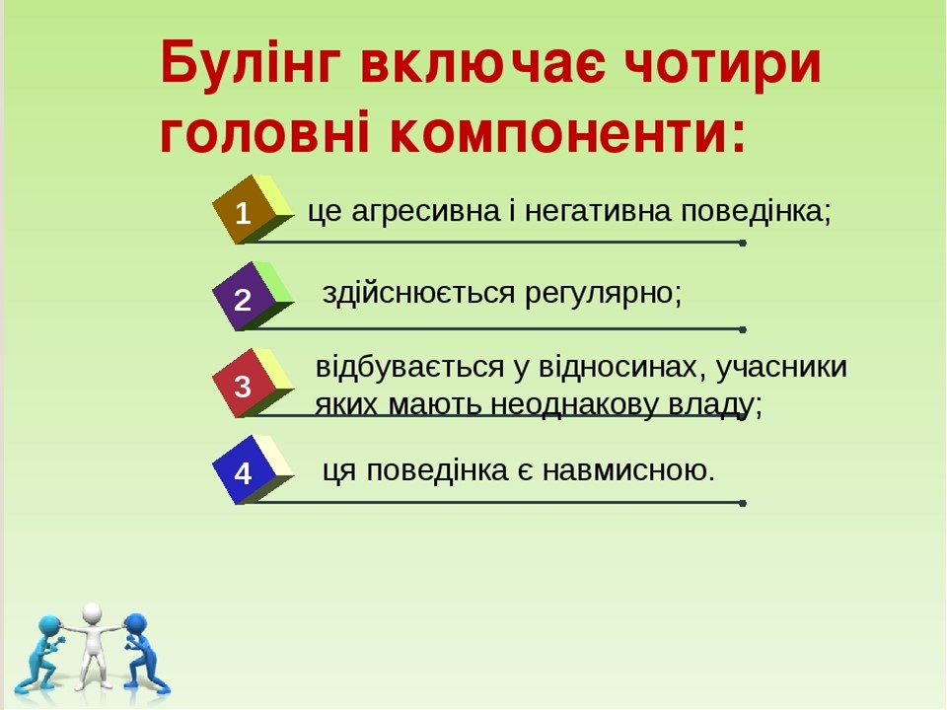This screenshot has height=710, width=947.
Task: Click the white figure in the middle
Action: (x=94, y=645)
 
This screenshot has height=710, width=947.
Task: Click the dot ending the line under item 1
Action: (x=742, y=243)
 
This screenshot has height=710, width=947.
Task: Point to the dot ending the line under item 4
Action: (x=742, y=503)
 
